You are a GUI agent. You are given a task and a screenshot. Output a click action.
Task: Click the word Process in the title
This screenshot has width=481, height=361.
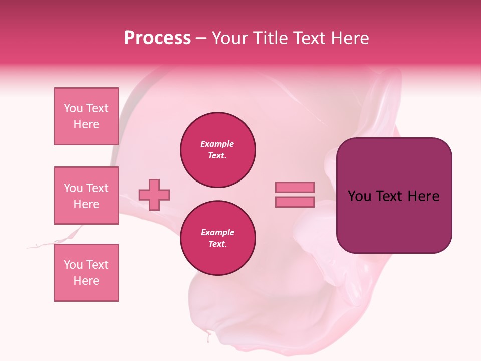click(157, 38)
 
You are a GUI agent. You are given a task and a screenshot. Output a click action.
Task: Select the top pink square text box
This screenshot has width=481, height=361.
click(86, 116)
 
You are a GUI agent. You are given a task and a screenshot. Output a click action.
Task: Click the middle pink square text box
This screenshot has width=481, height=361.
click(86, 196)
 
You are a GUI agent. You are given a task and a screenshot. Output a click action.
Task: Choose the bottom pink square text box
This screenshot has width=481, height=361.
click(86, 273)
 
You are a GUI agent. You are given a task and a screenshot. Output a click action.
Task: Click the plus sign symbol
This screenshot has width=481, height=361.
click(154, 195)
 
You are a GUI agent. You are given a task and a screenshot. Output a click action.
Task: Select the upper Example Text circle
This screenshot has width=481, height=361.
click(218, 150)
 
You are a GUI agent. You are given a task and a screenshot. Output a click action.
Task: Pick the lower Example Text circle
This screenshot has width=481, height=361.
click(218, 238)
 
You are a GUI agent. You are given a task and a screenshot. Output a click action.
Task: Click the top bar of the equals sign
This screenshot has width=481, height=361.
click(295, 187)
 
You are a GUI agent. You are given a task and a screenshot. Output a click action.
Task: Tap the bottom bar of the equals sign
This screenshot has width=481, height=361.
click(295, 202)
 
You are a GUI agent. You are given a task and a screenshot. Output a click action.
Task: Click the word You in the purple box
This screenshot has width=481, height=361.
click(359, 196)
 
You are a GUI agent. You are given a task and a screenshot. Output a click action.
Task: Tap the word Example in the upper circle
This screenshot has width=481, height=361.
click(217, 144)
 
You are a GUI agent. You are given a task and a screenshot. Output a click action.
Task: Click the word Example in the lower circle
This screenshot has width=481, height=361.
click(217, 232)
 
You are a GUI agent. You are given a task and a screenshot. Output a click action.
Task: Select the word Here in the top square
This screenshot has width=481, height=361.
click(86, 124)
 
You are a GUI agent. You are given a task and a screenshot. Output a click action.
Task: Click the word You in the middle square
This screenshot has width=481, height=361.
click(74, 188)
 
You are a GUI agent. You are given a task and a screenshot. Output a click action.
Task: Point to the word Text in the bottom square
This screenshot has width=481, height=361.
click(97, 265)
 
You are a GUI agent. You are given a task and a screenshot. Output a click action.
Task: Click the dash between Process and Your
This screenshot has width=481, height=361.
click(201, 38)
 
